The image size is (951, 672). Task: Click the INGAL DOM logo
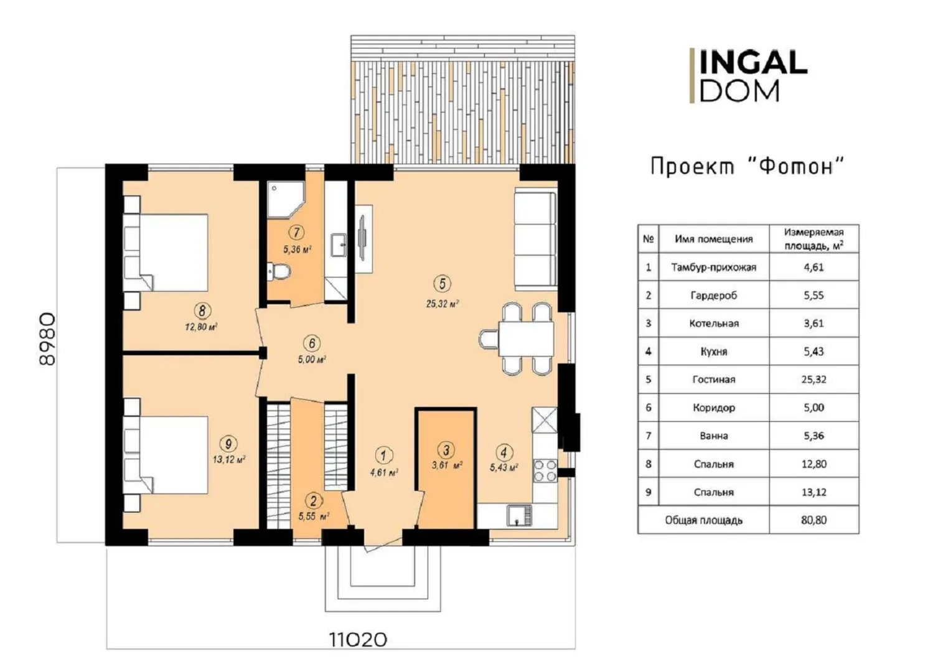749,75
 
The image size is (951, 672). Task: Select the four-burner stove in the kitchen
545,471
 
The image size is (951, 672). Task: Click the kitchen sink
519,515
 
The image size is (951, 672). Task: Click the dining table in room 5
525,338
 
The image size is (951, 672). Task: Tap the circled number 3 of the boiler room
446,450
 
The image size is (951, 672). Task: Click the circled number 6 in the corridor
312,343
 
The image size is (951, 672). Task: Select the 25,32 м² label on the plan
443,304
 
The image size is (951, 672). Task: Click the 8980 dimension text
47,339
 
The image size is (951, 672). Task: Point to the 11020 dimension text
358,640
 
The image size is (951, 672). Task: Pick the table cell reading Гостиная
714,380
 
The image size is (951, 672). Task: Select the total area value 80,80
813,520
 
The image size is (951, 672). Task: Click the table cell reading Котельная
714,324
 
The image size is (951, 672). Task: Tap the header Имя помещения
714,239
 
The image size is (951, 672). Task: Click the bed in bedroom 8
166,252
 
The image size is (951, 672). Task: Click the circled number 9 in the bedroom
228,444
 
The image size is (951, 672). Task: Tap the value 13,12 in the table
813,492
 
